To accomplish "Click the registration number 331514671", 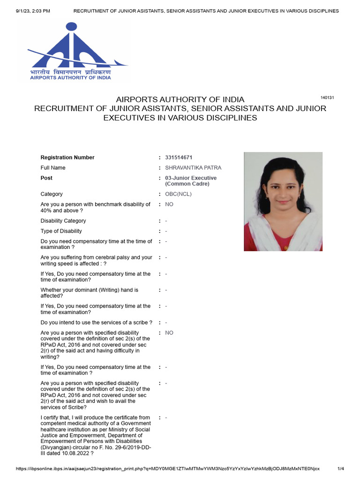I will click(x=179, y=157).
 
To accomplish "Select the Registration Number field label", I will click(x=67, y=157).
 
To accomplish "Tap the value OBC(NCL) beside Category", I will click(x=176, y=194).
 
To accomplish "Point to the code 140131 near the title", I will click(x=327, y=97).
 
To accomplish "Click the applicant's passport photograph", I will click(x=283, y=201).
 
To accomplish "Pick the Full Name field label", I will click(x=53, y=168).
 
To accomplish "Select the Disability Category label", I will click(x=63, y=221).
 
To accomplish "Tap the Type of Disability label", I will click(x=61, y=231).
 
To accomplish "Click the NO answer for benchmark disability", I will click(x=169, y=204).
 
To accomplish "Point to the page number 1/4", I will click(x=341, y=469).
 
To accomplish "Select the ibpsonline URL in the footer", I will click(x=168, y=469).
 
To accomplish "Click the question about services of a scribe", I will click(x=96, y=322).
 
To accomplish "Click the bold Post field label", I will click(x=46, y=178).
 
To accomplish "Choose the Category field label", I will click(x=52, y=194).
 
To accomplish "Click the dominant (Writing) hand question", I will click(x=89, y=293).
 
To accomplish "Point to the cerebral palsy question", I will click(x=96, y=261).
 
